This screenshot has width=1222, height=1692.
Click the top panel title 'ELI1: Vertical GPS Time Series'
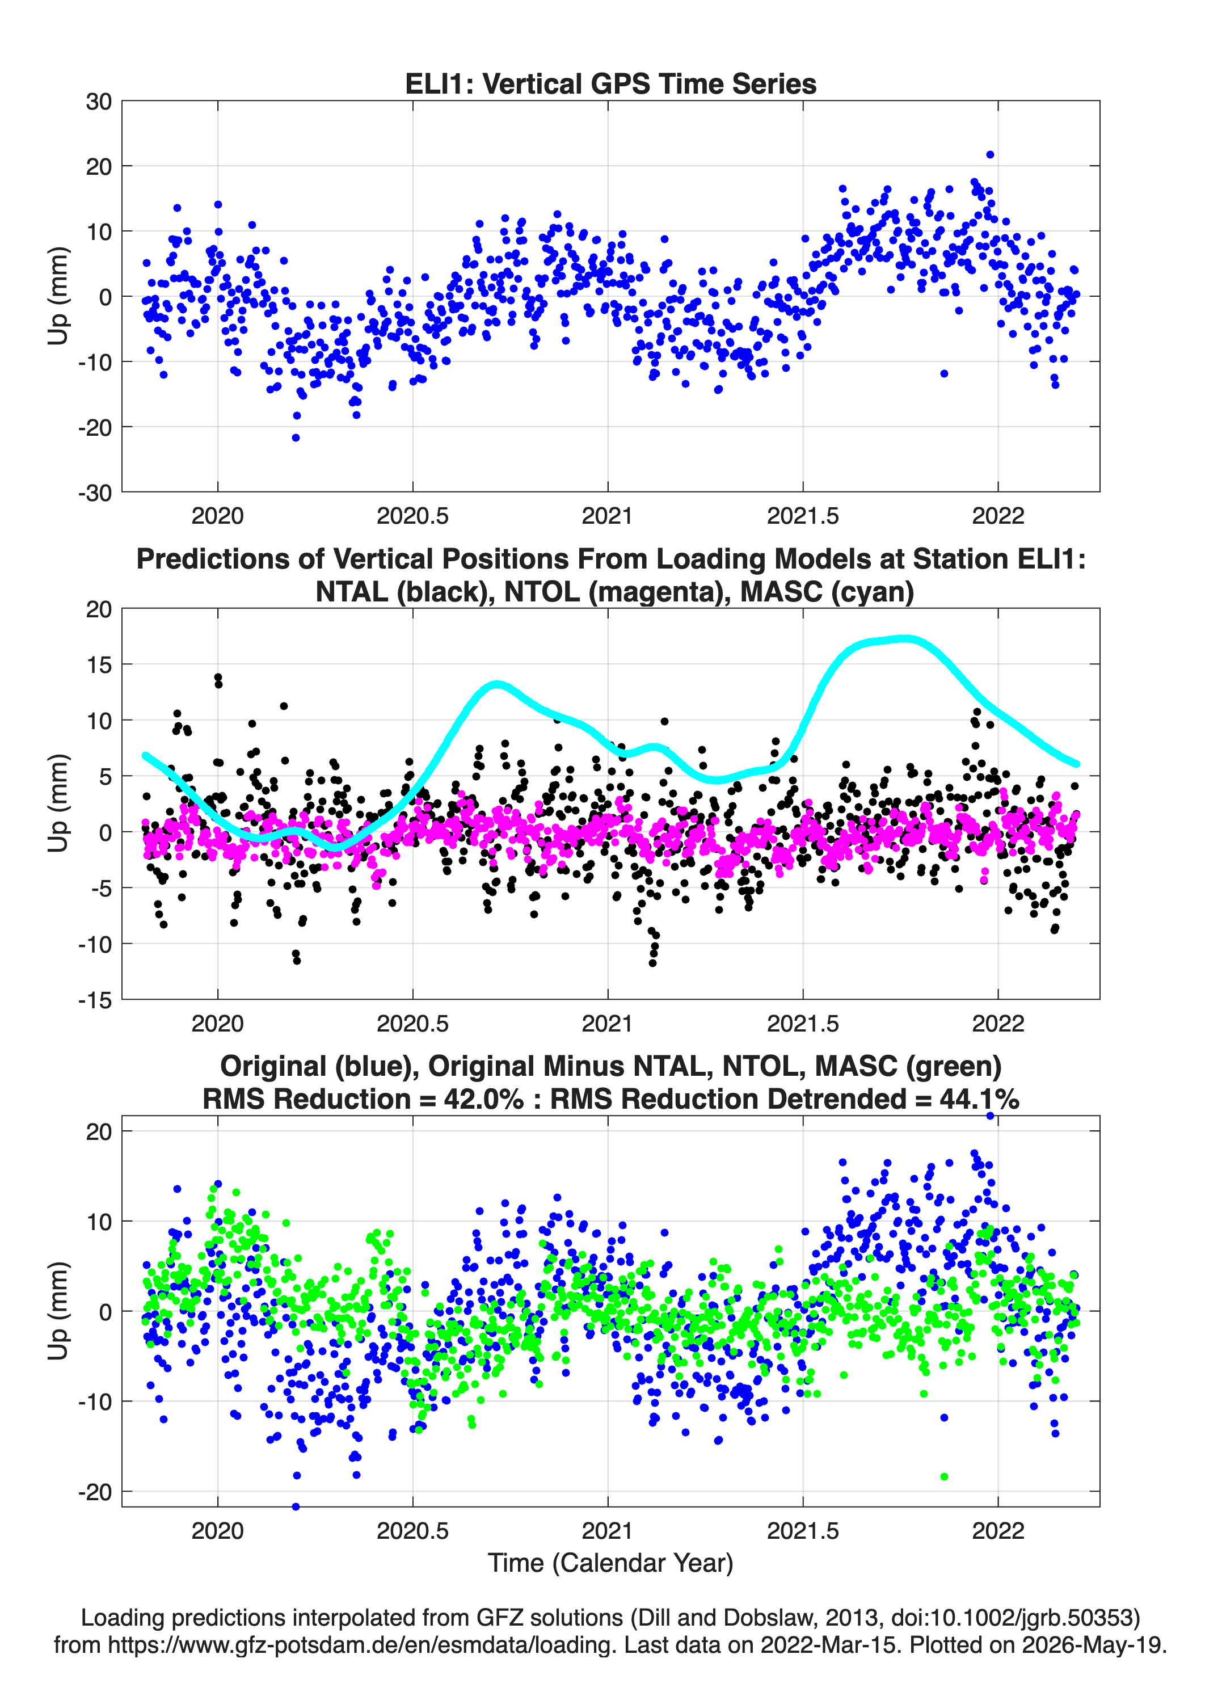click(x=610, y=83)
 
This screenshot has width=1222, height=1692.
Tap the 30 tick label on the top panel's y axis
click(x=99, y=102)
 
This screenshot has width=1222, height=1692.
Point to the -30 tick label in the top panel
click(x=95, y=493)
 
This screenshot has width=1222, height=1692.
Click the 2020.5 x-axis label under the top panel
click(x=412, y=516)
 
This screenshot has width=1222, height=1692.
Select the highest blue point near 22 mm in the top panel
click(x=990, y=155)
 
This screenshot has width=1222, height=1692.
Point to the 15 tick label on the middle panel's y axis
click(x=99, y=664)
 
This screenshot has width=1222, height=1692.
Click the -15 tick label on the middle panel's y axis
click(x=95, y=1000)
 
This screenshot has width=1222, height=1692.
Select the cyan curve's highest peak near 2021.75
click(x=905, y=638)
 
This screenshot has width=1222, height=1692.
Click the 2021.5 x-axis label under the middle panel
click(x=803, y=1023)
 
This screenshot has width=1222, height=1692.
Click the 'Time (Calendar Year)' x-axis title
click(x=610, y=1563)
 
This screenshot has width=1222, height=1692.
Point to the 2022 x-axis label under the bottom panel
click(x=998, y=1531)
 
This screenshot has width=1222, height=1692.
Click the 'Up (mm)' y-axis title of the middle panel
click(x=58, y=803)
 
